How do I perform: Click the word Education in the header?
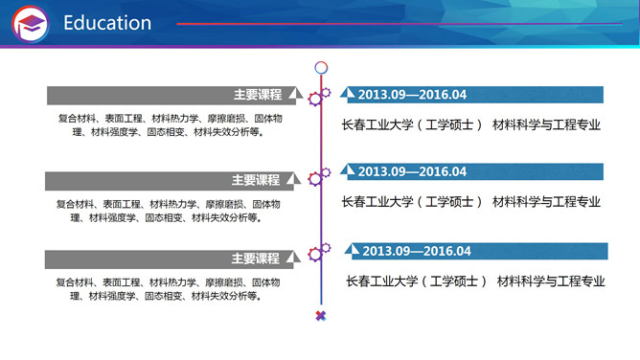[107, 23]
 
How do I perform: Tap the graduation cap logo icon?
[31, 24]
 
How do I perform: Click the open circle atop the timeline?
[321, 68]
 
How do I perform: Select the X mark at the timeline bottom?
[321, 315]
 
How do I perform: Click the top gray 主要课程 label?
[257, 95]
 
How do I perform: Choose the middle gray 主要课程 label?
[256, 180]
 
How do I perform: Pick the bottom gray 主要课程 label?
[256, 259]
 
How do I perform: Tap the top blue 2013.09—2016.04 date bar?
[412, 95]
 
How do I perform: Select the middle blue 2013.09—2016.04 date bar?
[412, 172]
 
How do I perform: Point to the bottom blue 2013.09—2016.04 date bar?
[417, 251]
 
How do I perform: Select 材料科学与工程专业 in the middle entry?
[546, 202]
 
